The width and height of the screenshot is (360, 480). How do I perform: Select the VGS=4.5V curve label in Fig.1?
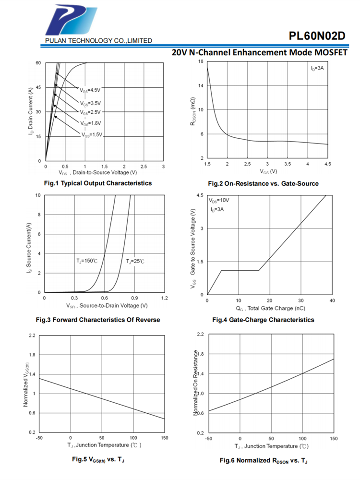tap(90, 90)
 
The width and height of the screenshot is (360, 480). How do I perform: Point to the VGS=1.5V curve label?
tap(91, 135)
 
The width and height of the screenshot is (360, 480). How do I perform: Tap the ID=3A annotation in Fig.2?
tap(317, 69)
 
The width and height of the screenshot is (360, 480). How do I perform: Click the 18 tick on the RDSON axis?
tap(201, 62)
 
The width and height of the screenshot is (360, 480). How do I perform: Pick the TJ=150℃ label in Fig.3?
tap(87, 261)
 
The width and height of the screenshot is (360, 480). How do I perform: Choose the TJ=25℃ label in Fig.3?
tap(135, 261)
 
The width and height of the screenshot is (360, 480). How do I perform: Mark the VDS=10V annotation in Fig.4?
tap(218, 201)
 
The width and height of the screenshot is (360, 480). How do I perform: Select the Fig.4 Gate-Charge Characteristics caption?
tap(263, 320)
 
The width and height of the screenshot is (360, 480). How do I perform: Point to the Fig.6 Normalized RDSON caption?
tap(264, 460)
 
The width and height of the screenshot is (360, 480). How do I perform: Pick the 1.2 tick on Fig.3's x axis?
tap(164, 298)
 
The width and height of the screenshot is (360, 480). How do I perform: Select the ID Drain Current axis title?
tap(31, 111)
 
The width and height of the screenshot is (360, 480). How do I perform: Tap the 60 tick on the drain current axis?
tap(38, 63)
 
